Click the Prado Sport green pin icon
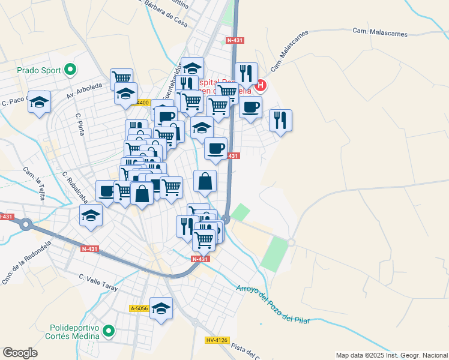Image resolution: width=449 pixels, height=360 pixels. (70, 70)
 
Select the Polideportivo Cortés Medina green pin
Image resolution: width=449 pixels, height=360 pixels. (109, 331)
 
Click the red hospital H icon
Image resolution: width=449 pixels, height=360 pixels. (261, 86)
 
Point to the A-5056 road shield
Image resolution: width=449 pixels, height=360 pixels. (139, 308)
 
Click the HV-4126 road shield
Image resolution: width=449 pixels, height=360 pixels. (217, 340)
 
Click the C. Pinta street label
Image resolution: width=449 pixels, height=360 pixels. (79, 123)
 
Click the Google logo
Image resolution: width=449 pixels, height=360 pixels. (20, 353)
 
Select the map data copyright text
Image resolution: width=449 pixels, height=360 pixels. (391, 355)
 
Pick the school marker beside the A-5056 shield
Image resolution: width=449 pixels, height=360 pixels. (161, 308)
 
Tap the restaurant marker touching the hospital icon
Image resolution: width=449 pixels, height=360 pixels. (246, 73)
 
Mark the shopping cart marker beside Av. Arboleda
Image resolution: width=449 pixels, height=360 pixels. (121, 78)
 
